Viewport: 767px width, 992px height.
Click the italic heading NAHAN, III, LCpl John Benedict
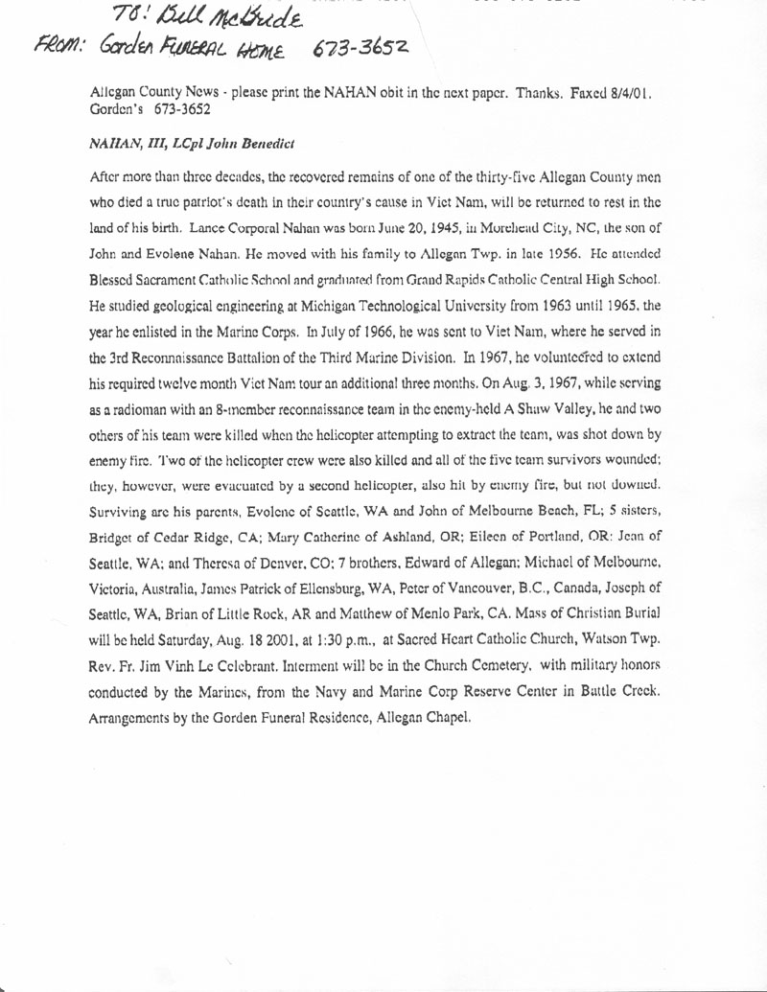191,144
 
